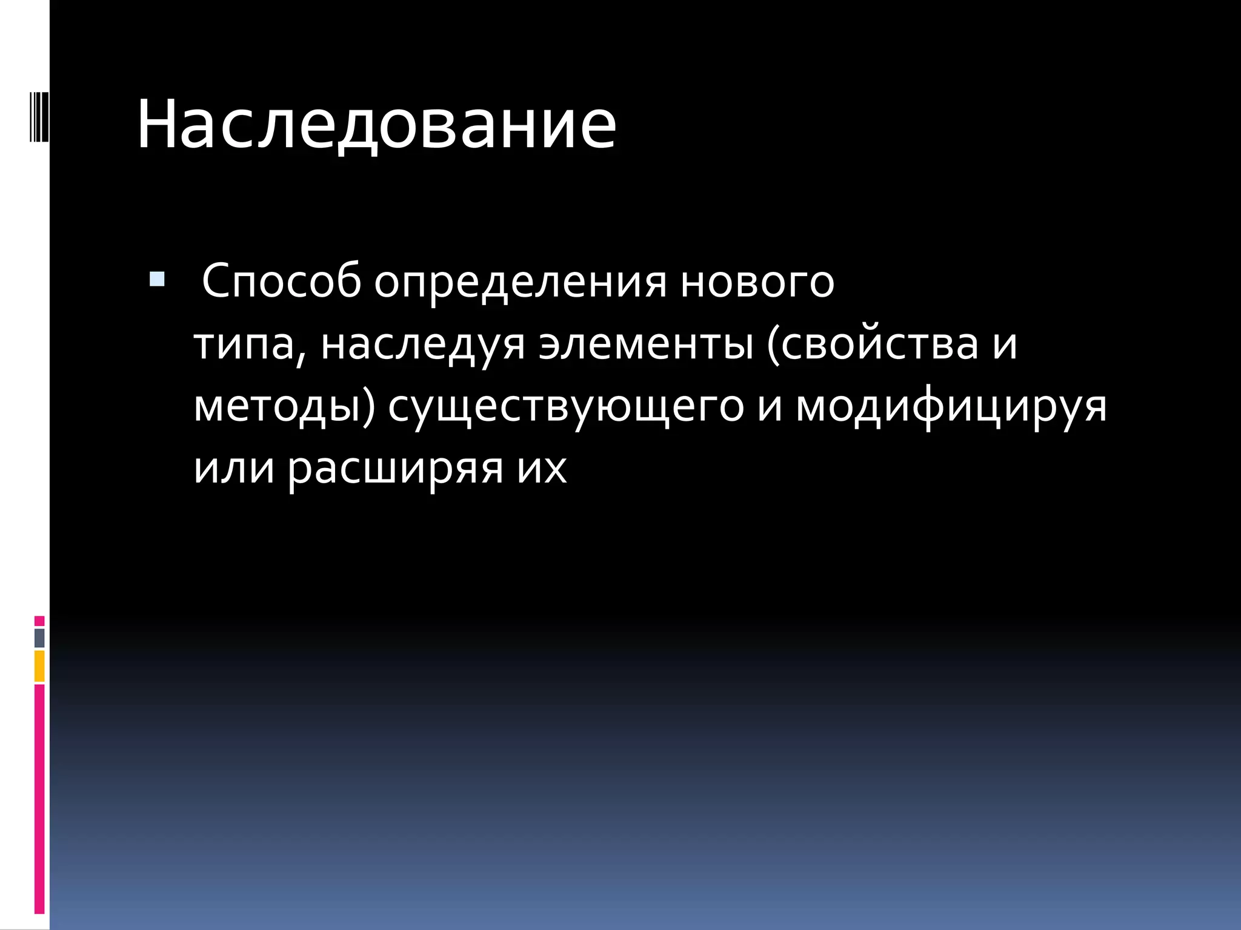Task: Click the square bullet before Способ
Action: tap(157, 279)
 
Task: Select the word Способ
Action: tap(281, 281)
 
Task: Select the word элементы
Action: tap(646, 344)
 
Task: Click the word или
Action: tap(234, 468)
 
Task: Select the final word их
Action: tap(542, 468)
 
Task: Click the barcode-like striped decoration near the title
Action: tap(39, 114)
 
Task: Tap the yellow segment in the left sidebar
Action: tap(39, 666)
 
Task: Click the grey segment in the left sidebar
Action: tap(39, 638)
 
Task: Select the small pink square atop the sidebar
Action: tap(39, 621)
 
